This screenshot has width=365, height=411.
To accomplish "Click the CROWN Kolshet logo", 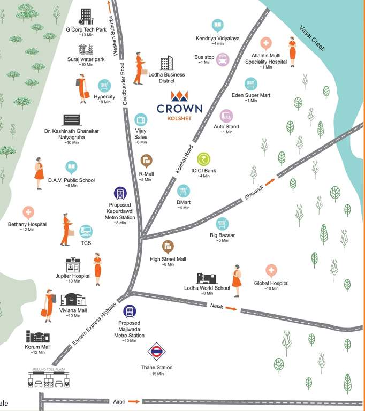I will tap(179, 104).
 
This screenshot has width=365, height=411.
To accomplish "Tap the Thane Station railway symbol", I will tap(156, 352).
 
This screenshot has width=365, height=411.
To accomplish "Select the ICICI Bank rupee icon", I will tap(204, 159).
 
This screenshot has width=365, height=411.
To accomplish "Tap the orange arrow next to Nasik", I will tap(231, 308).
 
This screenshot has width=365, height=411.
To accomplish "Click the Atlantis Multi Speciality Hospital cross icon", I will tap(266, 43).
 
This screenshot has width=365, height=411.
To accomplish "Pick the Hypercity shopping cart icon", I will tap(104, 86).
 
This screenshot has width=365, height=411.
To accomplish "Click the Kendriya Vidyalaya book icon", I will tap(217, 25).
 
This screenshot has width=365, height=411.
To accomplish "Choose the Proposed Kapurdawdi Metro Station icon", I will tap(120, 194).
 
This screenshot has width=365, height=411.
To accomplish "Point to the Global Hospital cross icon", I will tap(271, 271).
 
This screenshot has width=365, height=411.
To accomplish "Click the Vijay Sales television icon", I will tap(141, 119).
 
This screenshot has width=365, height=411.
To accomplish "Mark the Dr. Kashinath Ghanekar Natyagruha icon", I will tap(71, 120).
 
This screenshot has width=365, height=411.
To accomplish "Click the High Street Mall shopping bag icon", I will tap(168, 246).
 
